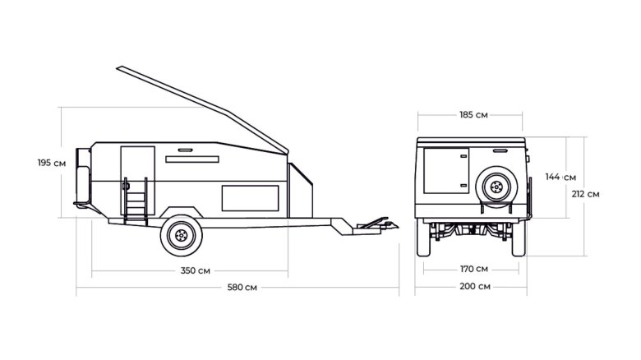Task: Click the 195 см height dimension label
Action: [52, 163]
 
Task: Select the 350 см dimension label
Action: [196, 270]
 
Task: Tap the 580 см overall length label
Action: [242, 287]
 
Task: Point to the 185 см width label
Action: [473, 115]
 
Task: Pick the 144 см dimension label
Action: [560, 178]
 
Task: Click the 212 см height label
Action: [585, 194]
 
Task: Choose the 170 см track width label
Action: [474, 269]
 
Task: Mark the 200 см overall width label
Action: [475, 286]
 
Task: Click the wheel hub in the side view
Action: [181, 236]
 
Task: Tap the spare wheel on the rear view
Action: [496, 187]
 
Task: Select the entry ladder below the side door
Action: [136, 201]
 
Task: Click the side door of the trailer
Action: [138, 180]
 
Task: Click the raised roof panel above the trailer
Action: [202, 109]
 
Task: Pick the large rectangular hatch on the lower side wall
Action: [250, 198]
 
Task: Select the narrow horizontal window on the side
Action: [192, 159]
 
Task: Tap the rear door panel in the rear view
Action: [446, 171]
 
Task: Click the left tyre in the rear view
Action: [423, 238]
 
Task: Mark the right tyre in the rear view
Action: [519, 238]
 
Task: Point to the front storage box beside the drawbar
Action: [301, 190]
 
